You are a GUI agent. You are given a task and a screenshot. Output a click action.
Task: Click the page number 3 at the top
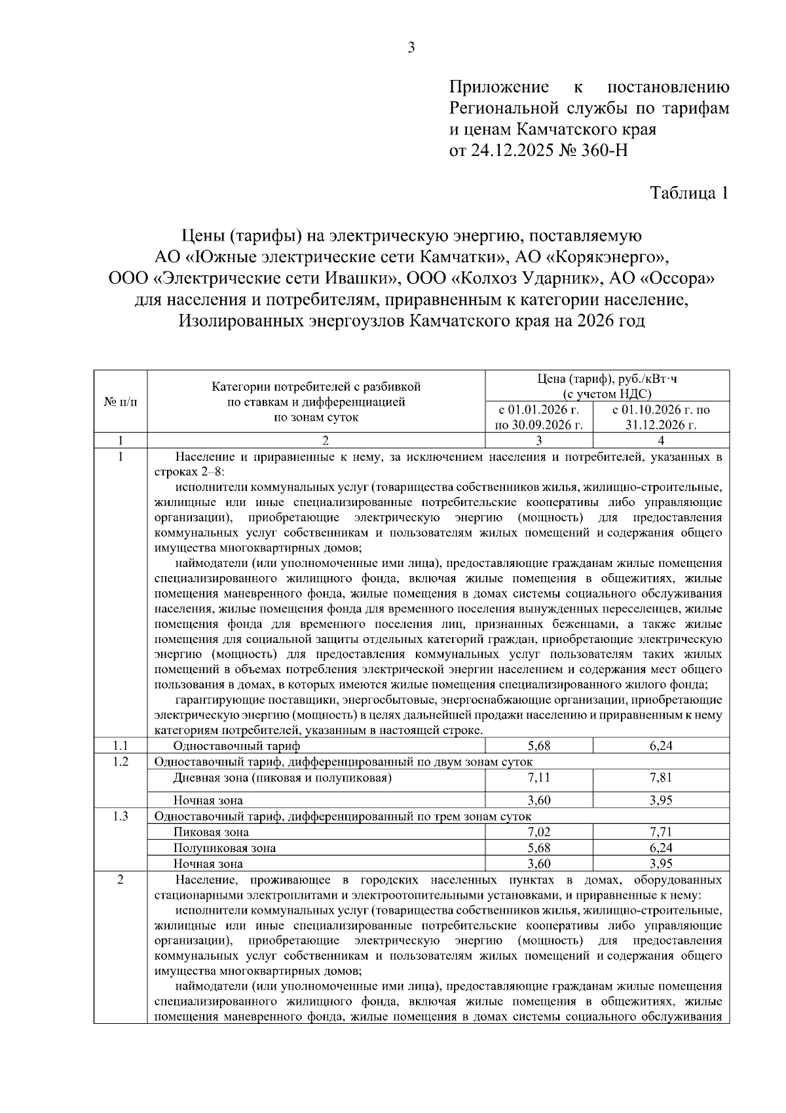(x=411, y=47)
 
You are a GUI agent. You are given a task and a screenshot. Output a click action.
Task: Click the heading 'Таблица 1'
(x=688, y=193)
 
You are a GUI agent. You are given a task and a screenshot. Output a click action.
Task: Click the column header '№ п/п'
(x=121, y=401)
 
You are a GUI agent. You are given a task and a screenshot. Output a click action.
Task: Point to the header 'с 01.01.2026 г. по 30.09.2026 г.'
(x=539, y=418)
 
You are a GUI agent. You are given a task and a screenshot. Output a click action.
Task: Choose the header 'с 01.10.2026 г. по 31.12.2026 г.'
(x=660, y=418)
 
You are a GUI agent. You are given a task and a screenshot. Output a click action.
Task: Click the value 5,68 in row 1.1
(x=539, y=745)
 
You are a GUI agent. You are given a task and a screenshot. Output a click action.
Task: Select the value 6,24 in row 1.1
(x=660, y=745)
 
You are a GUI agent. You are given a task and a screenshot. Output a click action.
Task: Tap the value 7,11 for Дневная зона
(x=539, y=777)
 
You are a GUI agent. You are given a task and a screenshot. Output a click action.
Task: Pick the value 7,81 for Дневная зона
(x=660, y=777)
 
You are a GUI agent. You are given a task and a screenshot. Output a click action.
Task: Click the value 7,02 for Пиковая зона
(x=539, y=832)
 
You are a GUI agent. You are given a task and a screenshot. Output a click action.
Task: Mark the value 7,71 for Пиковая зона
(x=660, y=832)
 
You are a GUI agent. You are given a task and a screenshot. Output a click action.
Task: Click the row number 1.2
(x=121, y=761)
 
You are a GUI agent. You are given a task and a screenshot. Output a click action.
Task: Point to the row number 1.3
(x=121, y=816)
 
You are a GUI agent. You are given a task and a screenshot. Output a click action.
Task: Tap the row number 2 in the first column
(x=121, y=880)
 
